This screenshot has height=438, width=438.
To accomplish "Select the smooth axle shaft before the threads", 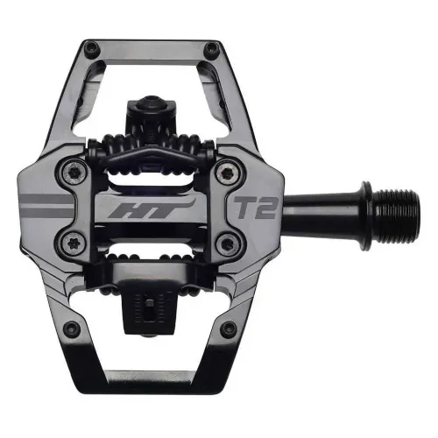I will tap(328, 194).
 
